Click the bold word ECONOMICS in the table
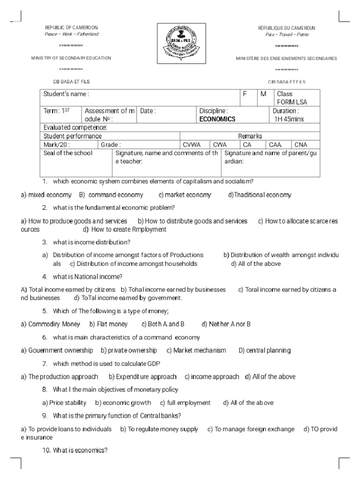click(x=217, y=119)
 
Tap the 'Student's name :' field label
click(x=66, y=94)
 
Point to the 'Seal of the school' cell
click(x=68, y=153)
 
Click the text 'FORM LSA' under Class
click(x=292, y=102)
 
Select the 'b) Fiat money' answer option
click(x=109, y=324)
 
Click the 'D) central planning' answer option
click(x=264, y=350)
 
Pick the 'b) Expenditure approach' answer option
click(x=142, y=376)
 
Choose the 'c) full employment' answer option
click(x=185, y=403)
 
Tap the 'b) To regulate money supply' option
click(x=159, y=429)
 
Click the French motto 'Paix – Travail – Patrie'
click(x=283, y=35)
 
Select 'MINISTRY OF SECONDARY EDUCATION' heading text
click(x=71, y=58)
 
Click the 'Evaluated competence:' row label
click(x=75, y=127)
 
